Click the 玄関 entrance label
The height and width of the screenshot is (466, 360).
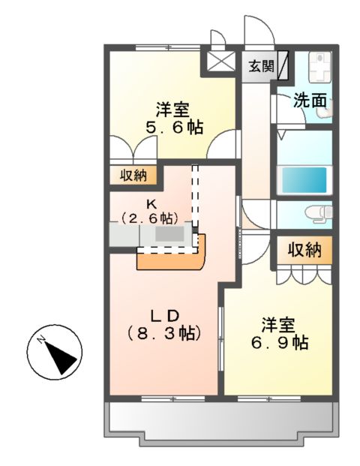[x=262, y=66]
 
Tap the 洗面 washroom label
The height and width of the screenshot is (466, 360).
[x=309, y=99]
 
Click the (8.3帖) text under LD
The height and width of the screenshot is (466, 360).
[x=163, y=332]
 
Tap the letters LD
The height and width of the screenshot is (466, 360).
[x=164, y=314]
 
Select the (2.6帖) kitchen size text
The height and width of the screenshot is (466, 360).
[x=150, y=218]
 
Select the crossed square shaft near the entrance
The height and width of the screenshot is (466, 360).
[x=220, y=62]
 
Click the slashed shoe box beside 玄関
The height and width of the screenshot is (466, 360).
[x=283, y=66]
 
